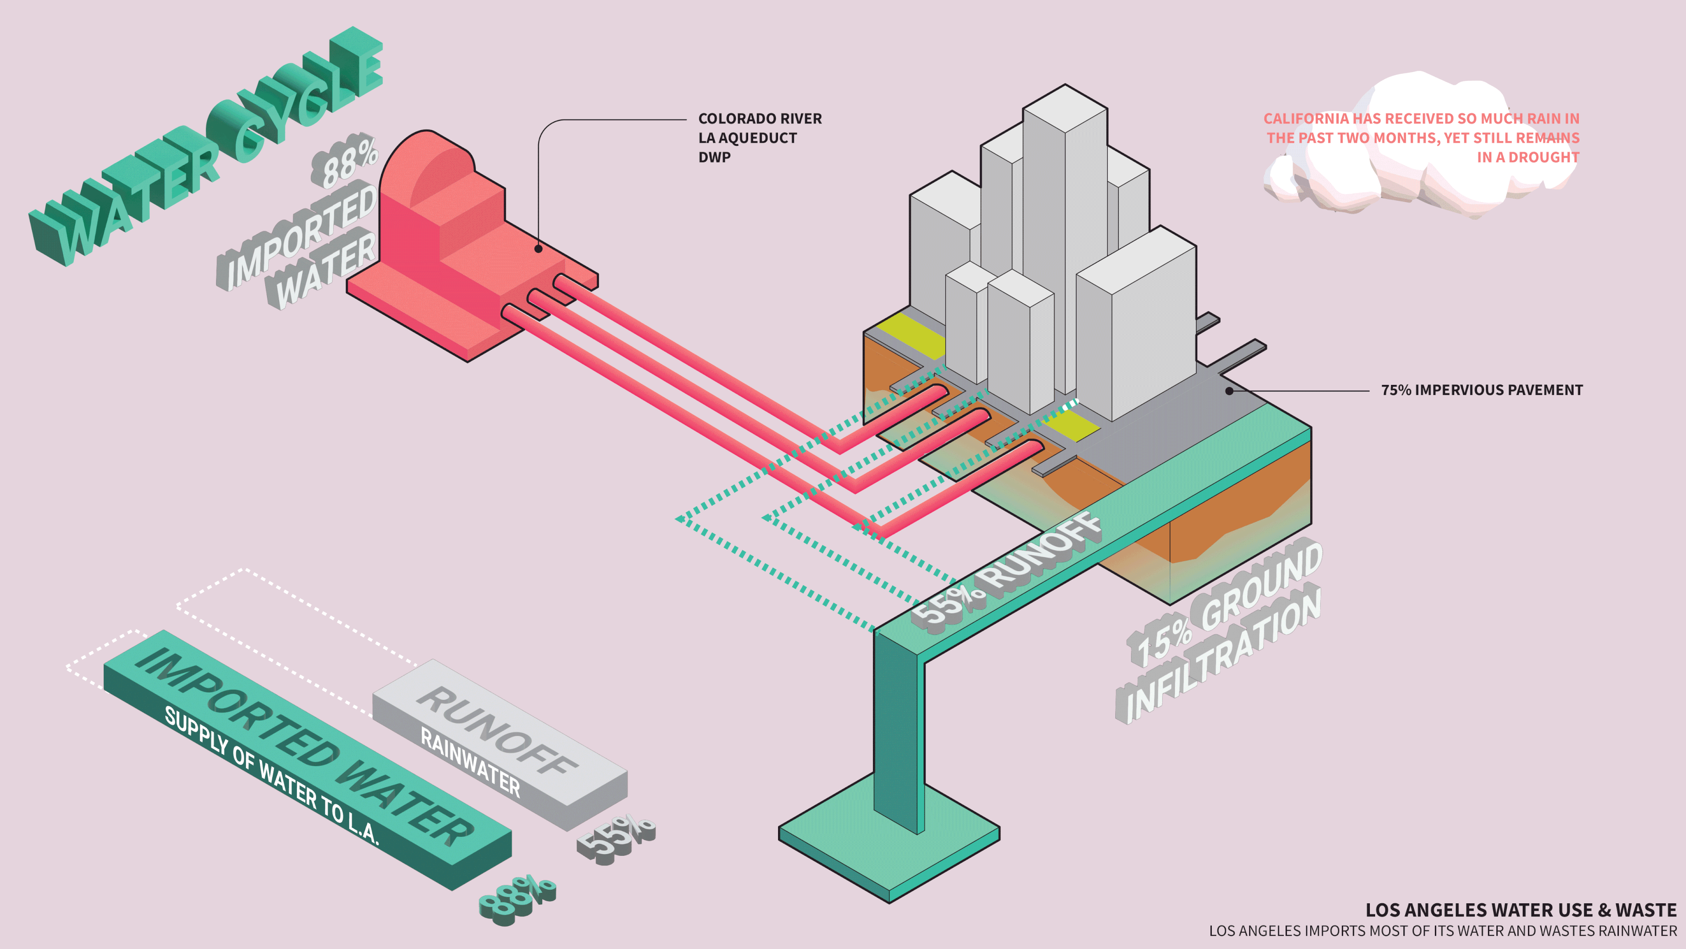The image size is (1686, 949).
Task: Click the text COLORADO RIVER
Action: [759, 119]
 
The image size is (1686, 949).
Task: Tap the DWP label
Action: [713, 157]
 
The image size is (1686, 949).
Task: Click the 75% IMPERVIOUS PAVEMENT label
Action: [1481, 390]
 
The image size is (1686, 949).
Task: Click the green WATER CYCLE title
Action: [203, 147]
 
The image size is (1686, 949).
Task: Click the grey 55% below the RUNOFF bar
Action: [615, 838]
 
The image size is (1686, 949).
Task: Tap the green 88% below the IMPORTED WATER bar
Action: [517, 901]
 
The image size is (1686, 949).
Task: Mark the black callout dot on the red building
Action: [538, 249]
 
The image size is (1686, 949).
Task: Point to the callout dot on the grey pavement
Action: [1229, 391]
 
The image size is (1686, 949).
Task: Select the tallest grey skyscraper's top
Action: [1065, 108]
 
